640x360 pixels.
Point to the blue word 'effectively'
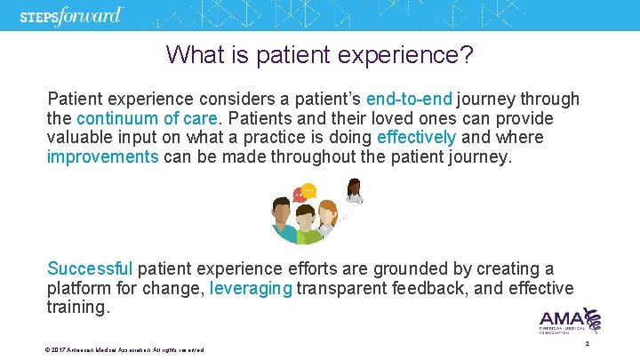[x=416, y=138]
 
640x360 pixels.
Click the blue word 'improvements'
[x=101, y=157]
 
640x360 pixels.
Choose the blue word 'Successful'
[x=89, y=268]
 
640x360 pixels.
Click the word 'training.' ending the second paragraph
[x=79, y=308]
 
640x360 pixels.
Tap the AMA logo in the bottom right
[x=570, y=321]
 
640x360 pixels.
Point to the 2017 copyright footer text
[x=124, y=349]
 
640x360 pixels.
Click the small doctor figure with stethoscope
[x=354, y=192]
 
